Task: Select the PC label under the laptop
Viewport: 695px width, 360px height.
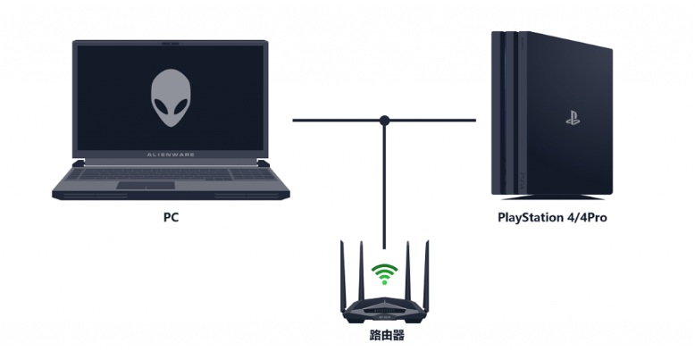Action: click(x=171, y=217)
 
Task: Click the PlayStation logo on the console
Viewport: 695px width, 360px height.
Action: click(x=572, y=116)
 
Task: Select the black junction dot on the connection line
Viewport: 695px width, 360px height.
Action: click(x=384, y=119)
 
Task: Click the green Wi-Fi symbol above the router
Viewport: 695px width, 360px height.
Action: click(x=384, y=272)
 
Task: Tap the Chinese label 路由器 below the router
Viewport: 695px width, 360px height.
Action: click(x=384, y=337)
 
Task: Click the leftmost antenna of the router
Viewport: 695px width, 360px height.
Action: click(x=343, y=272)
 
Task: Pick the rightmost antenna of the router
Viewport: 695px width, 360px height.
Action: click(x=426, y=272)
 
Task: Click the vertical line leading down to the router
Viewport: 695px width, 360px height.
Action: click(x=384, y=188)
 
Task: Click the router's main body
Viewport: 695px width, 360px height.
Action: click(x=384, y=312)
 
